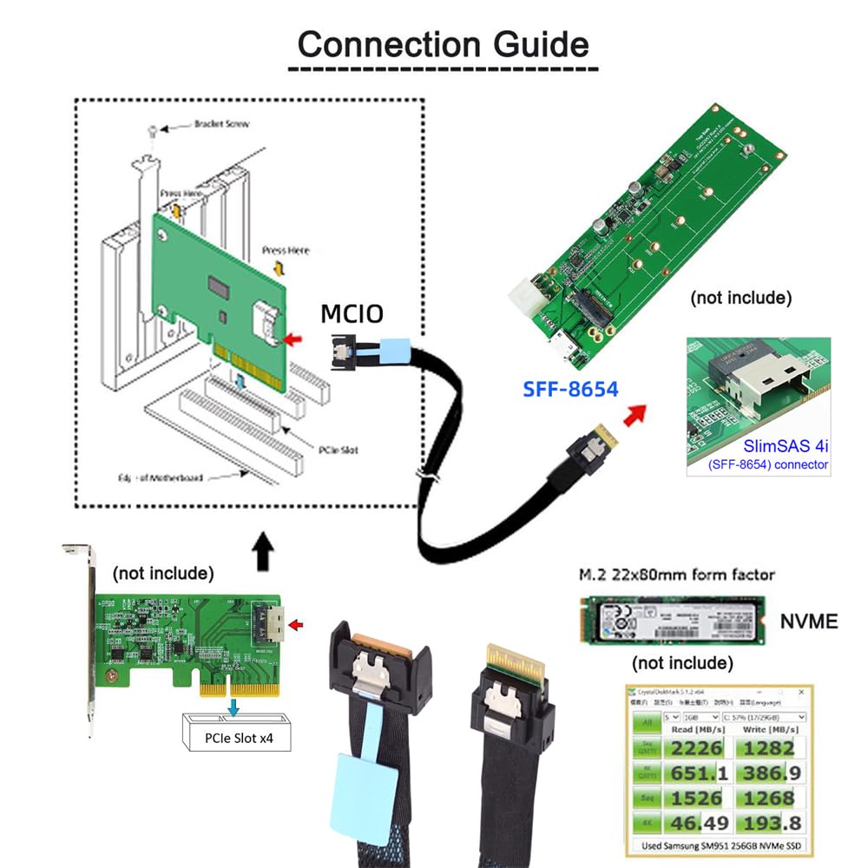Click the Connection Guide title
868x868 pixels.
[443, 43]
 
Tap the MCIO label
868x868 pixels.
[352, 313]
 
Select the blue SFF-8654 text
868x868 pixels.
[570, 388]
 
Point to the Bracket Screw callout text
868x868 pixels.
[221, 124]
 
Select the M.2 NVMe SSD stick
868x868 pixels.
[671, 618]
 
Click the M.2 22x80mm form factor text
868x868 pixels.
[677, 575]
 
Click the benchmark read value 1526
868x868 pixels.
[697, 797]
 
